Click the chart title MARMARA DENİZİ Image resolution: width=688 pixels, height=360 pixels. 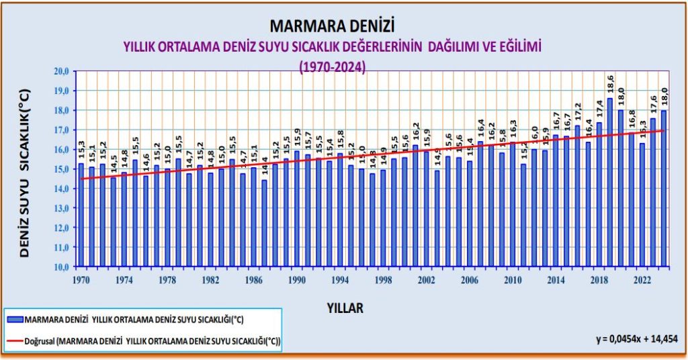(x=331, y=26)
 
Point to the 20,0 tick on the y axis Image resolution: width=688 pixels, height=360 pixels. (x=62, y=71)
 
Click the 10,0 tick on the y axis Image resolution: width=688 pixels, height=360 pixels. (x=62, y=267)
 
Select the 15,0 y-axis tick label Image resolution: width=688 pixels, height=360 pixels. (x=62, y=169)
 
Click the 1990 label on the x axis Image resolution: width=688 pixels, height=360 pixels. (x=296, y=279)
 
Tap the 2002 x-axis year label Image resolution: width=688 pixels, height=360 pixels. (x=426, y=279)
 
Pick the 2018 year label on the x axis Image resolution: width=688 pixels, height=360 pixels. (x=599, y=279)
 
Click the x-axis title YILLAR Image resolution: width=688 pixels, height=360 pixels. (x=345, y=308)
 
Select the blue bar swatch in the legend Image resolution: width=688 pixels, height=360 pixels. (x=13, y=320)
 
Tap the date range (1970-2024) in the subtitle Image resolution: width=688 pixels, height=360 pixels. (x=332, y=67)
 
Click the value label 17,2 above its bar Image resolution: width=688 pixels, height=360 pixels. (x=577, y=113)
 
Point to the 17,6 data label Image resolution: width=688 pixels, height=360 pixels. (x=652, y=105)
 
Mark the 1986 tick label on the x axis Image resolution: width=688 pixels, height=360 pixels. (x=253, y=279)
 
